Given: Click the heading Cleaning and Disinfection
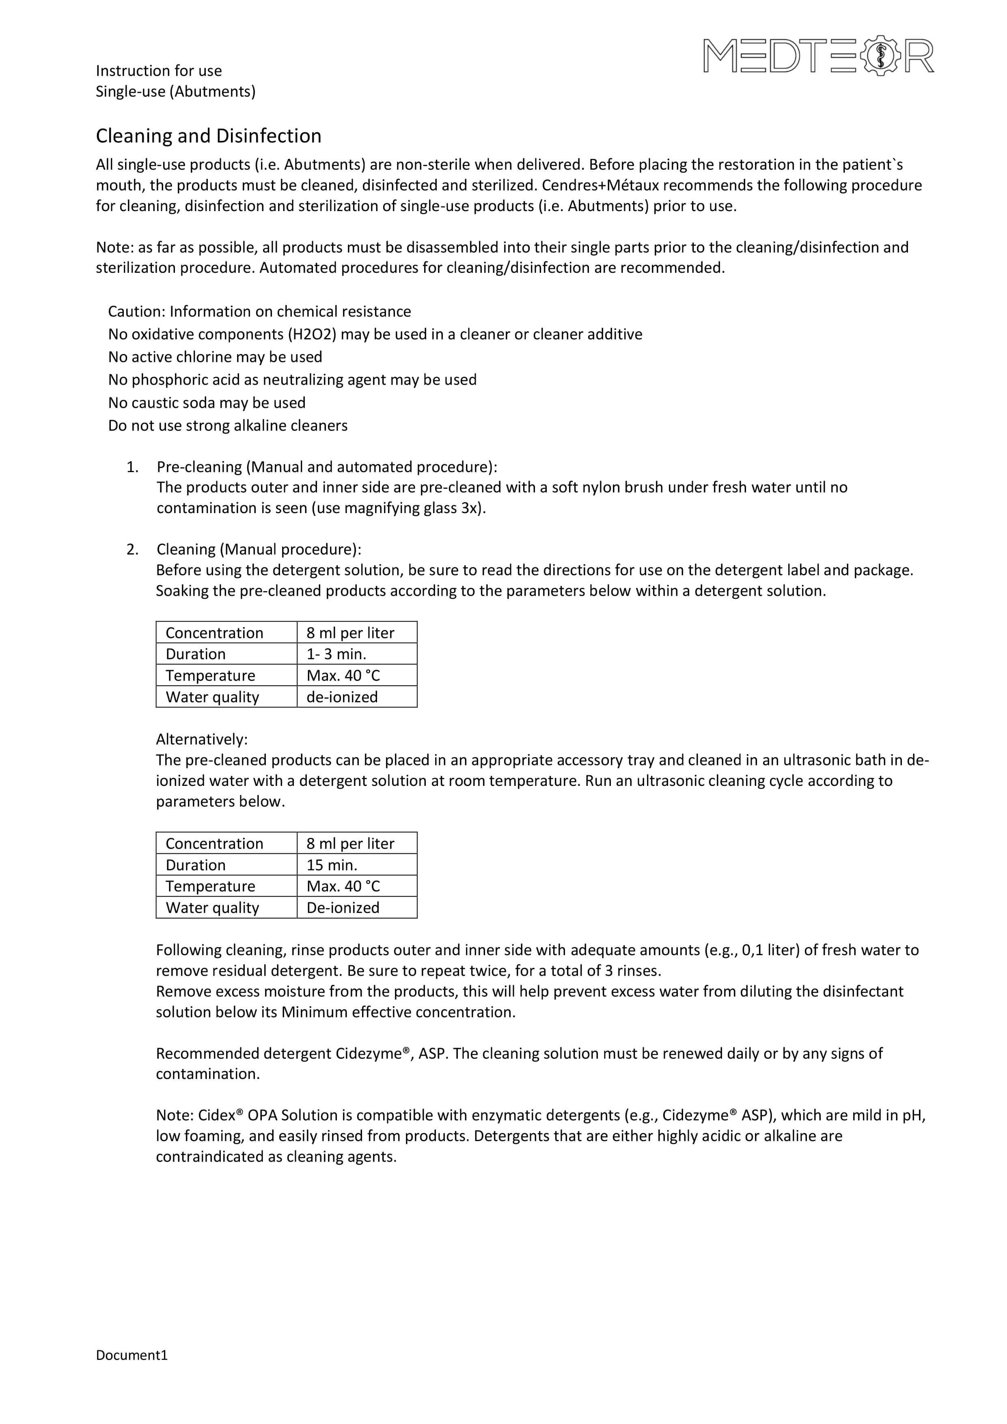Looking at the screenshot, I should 208,136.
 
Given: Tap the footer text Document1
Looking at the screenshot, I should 132,1355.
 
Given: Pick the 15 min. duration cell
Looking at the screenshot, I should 332,865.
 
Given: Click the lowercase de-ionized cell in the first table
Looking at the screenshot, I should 342,697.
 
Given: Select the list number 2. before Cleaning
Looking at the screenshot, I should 132,550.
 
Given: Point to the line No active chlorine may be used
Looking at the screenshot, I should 215,357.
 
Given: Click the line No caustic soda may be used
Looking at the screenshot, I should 207,403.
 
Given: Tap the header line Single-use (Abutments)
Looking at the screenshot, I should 175,92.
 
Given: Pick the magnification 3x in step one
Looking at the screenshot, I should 471,509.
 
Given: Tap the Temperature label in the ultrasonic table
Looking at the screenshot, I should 210,886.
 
